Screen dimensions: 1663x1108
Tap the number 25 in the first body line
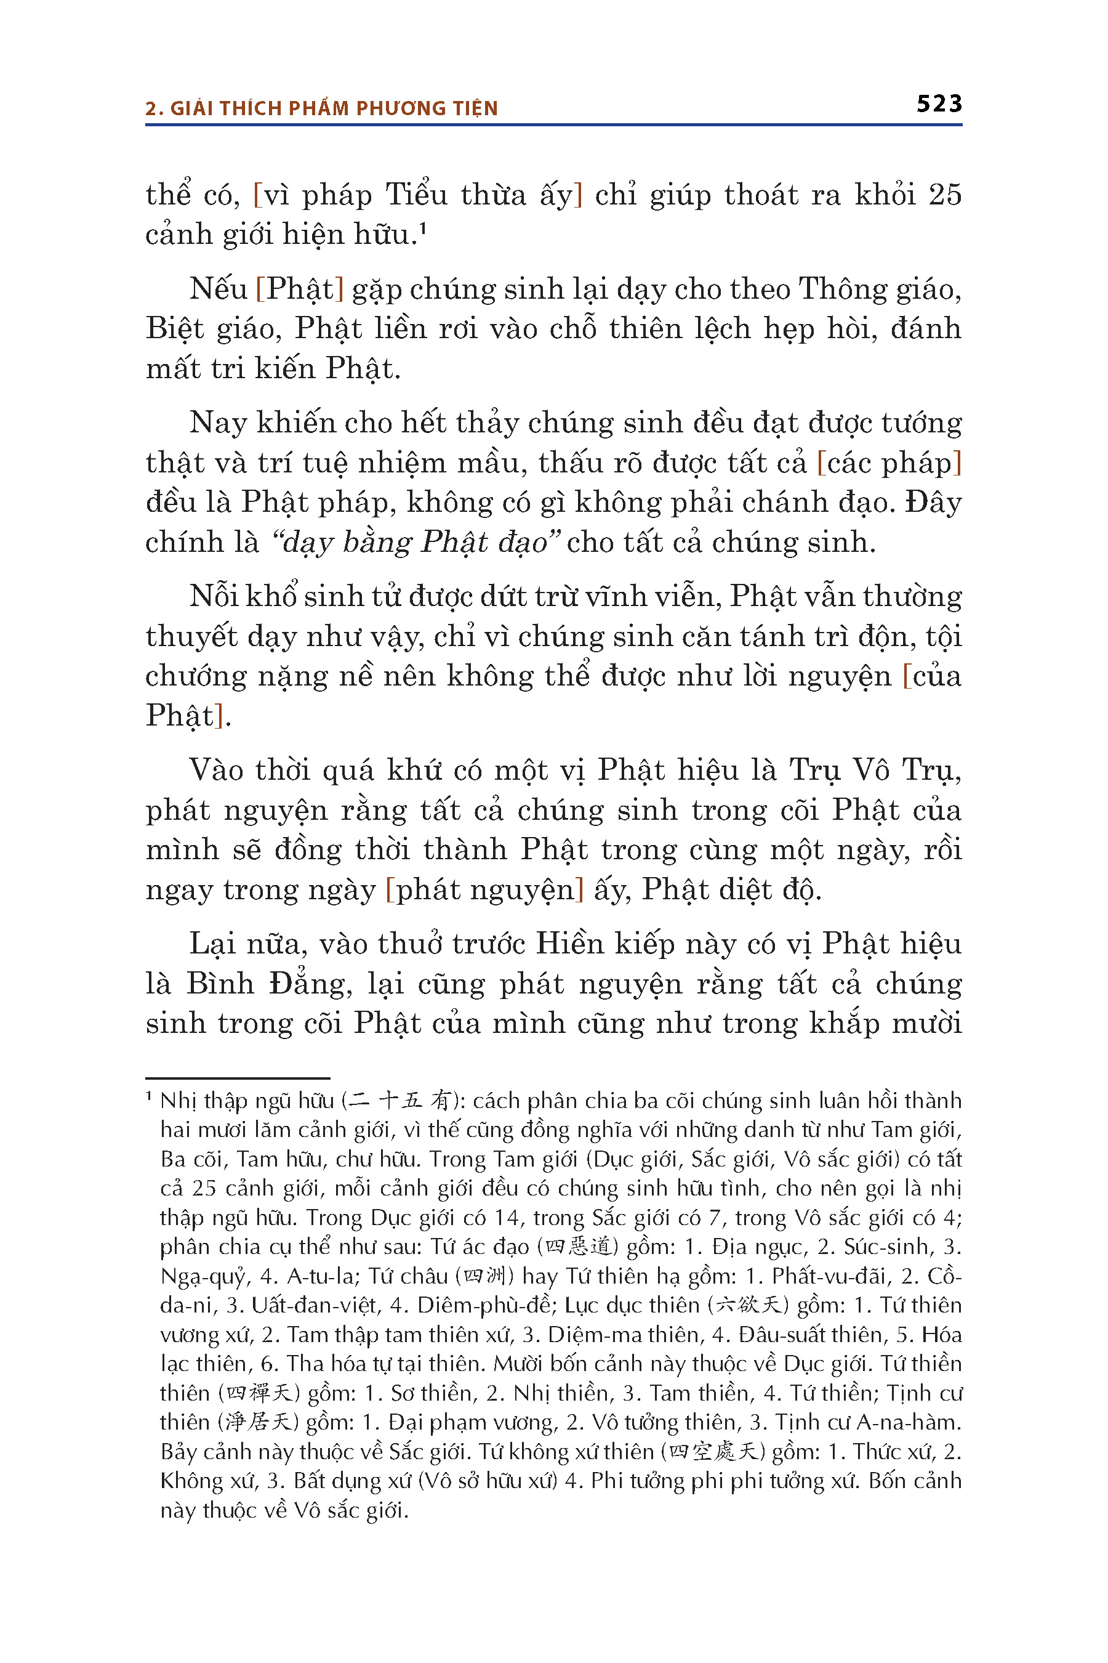pos(945,195)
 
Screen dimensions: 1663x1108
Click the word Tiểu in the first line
pos(416,195)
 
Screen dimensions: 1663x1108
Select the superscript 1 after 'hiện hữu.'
pos(422,228)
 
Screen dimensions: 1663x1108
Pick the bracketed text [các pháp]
pos(889,463)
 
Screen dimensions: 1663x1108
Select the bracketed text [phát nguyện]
pos(484,889)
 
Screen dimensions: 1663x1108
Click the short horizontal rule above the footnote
pos(238,1078)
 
